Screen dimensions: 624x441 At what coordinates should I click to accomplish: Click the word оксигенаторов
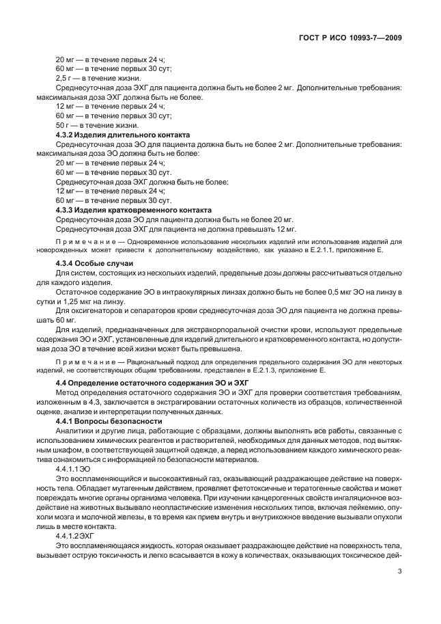coord(92,311)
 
